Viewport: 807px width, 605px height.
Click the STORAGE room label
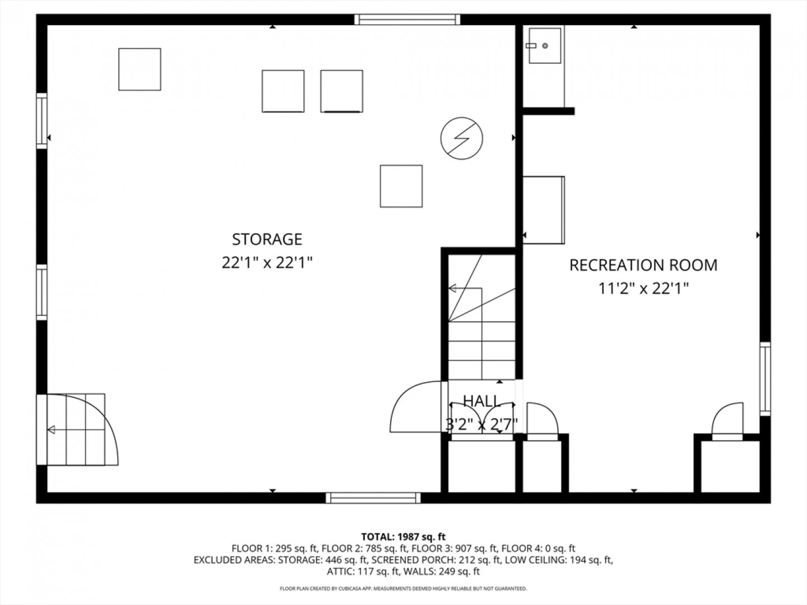tap(267, 240)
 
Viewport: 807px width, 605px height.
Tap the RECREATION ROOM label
tap(643, 265)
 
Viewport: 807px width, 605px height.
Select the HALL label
tap(481, 401)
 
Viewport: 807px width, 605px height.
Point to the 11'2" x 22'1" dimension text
tap(643, 288)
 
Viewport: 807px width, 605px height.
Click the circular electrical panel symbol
tap(461, 138)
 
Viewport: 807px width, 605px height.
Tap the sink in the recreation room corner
tap(545, 45)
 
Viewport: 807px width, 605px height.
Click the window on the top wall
tap(407, 20)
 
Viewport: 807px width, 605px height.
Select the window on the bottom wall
tap(373, 498)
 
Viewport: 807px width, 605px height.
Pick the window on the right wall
tap(765, 379)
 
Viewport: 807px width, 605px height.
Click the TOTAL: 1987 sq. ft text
tap(403, 537)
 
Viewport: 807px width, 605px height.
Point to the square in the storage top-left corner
tap(140, 69)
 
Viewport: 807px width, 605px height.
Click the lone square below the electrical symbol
tap(401, 186)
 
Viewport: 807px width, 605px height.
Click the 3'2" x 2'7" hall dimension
tap(481, 425)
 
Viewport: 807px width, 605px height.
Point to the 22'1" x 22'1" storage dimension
tap(267, 263)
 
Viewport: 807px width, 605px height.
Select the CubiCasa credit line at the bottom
tap(403, 588)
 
